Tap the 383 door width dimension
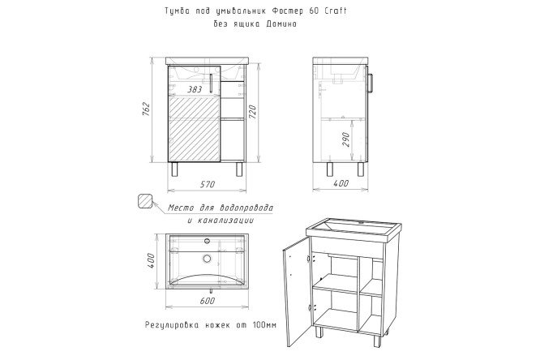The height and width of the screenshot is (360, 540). (x=194, y=89)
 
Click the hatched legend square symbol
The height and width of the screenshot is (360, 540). (x=146, y=201)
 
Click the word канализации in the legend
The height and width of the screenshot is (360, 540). (x=228, y=221)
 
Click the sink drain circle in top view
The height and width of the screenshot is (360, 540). (x=207, y=259)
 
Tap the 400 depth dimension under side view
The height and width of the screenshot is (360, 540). (x=341, y=184)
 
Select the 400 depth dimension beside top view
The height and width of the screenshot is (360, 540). (x=151, y=261)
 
